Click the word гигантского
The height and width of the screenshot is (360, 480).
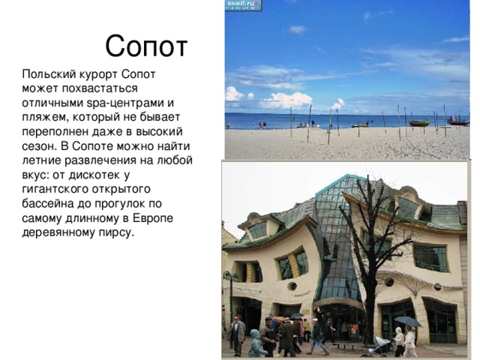pos(58,188)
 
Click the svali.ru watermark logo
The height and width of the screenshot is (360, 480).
pos(243,4)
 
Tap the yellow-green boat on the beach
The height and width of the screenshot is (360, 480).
pos(418,123)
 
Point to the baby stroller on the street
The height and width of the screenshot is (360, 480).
pos(381,346)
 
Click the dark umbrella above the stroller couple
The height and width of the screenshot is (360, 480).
pos(407,322)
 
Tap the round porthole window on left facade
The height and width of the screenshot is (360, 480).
pos(292,286)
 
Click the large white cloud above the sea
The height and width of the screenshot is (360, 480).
pos(285,99)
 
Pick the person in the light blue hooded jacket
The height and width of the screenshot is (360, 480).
pos(255,344)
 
